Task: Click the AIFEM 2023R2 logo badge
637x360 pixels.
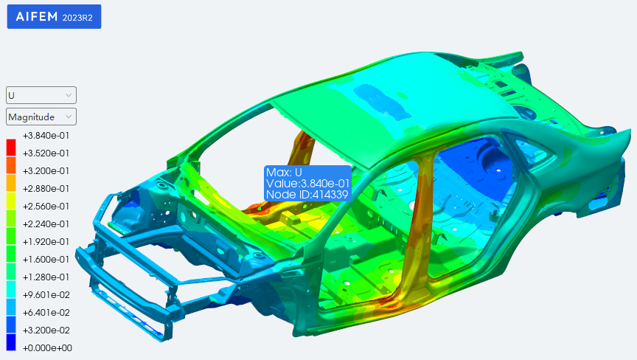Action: pyautogui.click(x=54, y=17)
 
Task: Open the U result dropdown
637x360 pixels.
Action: pyautogui.click(x=41, y=95)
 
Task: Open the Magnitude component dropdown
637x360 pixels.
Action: pyautogui.click(x=41, y=117)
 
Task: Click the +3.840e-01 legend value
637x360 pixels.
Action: pyautogui.click(x=46, y=136)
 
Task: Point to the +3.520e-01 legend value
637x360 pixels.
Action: pyautogui.click(x=46, y=153)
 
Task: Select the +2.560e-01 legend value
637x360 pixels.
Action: pyautogui.click(x=46, y=207)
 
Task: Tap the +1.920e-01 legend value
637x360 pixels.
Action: pyautogui.click(x=46, y=242)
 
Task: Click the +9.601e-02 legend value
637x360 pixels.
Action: pyautogui.click(x=46, y=294)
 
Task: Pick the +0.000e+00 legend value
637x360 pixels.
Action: pyautogui.click(x=47, y=347)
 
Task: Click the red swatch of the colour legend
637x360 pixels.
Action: pyautogui.click(x=11, y=148)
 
